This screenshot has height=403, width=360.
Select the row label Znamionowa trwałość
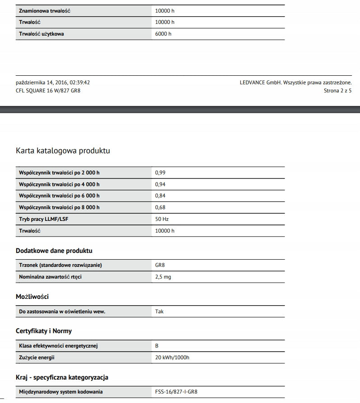click(x=45, y=11)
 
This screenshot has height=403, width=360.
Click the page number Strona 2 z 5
click(x=337, y=91)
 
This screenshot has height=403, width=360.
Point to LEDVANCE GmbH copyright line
click(x=296, y=82)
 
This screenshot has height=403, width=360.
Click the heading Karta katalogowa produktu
click(x=63, y=151)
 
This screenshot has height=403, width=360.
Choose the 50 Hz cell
click(x=162, y=219)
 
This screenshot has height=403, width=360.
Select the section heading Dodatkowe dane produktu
click(x=54, y=250)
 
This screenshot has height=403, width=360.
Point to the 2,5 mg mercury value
click(x=163, y=277)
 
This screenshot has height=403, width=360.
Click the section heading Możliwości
click(x=32, y=297)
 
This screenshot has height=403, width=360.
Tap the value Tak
click(x=159, y=311)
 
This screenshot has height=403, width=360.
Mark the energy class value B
click(x=157, y=346)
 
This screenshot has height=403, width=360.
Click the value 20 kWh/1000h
click(x=172, y=358)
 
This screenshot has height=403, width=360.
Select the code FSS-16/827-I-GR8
click(x=176, y=392)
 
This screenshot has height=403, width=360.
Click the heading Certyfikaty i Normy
click(x=44, y=331)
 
